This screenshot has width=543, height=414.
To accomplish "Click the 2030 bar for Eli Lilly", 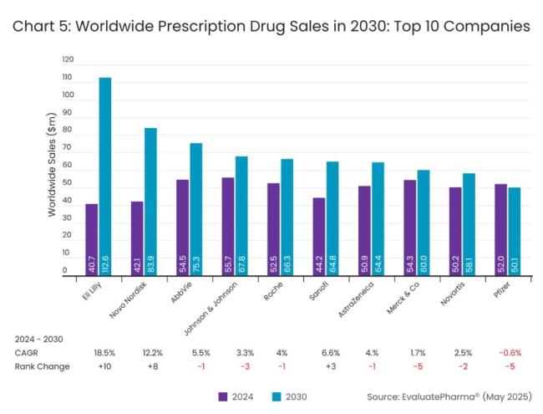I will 105,176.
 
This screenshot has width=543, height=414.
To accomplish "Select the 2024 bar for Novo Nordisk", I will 137,238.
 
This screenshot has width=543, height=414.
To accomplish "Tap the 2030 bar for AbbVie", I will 196,209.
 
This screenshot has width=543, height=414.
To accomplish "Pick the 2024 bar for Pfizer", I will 500,230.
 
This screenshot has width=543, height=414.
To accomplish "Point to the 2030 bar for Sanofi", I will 332,218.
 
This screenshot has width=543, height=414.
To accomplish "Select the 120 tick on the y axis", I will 68,60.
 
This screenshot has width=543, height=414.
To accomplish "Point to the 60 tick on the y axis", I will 68,171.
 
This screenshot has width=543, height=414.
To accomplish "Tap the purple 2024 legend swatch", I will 223,396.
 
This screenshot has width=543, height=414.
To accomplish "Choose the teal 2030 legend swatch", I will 277,396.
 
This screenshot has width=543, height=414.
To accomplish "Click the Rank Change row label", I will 43,366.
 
